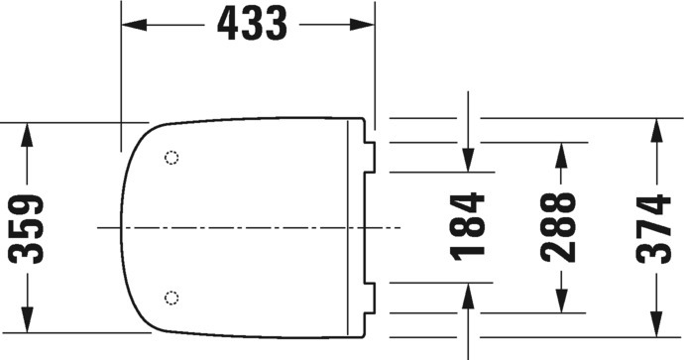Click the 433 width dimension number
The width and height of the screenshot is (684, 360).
tap(252, 24)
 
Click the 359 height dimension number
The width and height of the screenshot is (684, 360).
tap(26, 229)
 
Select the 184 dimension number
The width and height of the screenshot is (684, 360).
tap(468, 227)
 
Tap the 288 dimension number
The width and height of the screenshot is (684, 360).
tap(558, 227)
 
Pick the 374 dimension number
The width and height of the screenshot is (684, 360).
tap(653, 229)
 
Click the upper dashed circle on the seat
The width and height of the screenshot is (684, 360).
tap(171, 157)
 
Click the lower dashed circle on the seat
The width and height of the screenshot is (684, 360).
tap(171, 298)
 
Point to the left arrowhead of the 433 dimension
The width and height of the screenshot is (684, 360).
tap(134, 25)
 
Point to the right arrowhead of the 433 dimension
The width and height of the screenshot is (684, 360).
tap(362, 25)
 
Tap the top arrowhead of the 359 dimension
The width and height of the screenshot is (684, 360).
tap(27, 135)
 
